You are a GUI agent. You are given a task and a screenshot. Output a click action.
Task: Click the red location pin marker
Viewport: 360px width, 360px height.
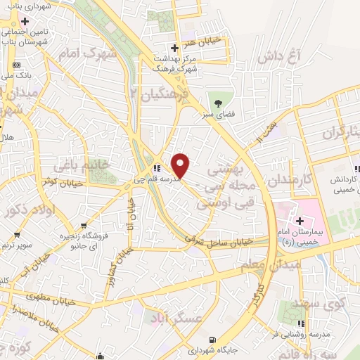tap(181, 166)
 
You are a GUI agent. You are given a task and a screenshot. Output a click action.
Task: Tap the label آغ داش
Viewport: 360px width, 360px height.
tap(279, 55)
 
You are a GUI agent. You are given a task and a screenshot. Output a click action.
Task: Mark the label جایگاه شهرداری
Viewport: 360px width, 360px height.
tap(211, 349)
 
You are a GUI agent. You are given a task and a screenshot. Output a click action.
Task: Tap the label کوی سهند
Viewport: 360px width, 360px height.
tap(330, 305)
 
